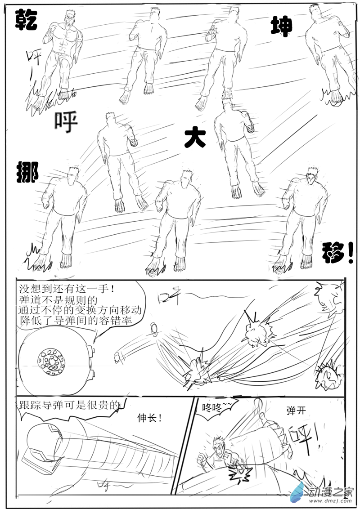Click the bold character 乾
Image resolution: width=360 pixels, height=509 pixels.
[x=26, y=21]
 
